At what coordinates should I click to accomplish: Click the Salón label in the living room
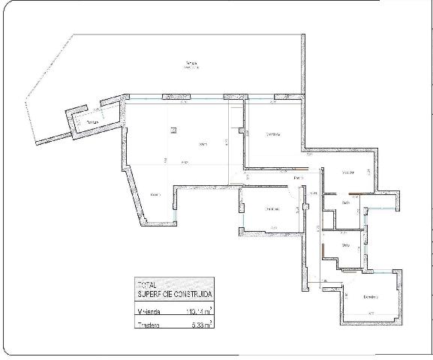(x=203, y=144)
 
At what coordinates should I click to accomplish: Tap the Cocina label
(x=155, y=195)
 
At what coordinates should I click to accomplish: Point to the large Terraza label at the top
(x=191, y=62)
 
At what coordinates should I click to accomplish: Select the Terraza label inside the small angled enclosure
(x=92, y=121)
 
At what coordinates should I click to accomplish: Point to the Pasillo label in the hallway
(x=298, y=177)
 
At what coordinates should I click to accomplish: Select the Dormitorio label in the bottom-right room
(x=370, y=298)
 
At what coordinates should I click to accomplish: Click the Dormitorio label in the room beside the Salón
(x=272, y=135)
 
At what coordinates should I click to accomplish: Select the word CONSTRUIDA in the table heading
(x=191, y=293)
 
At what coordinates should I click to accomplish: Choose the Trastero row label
(x=148, y=325)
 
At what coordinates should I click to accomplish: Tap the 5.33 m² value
(x=200, y=325)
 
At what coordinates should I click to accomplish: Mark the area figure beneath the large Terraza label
(x=191, y=68)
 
